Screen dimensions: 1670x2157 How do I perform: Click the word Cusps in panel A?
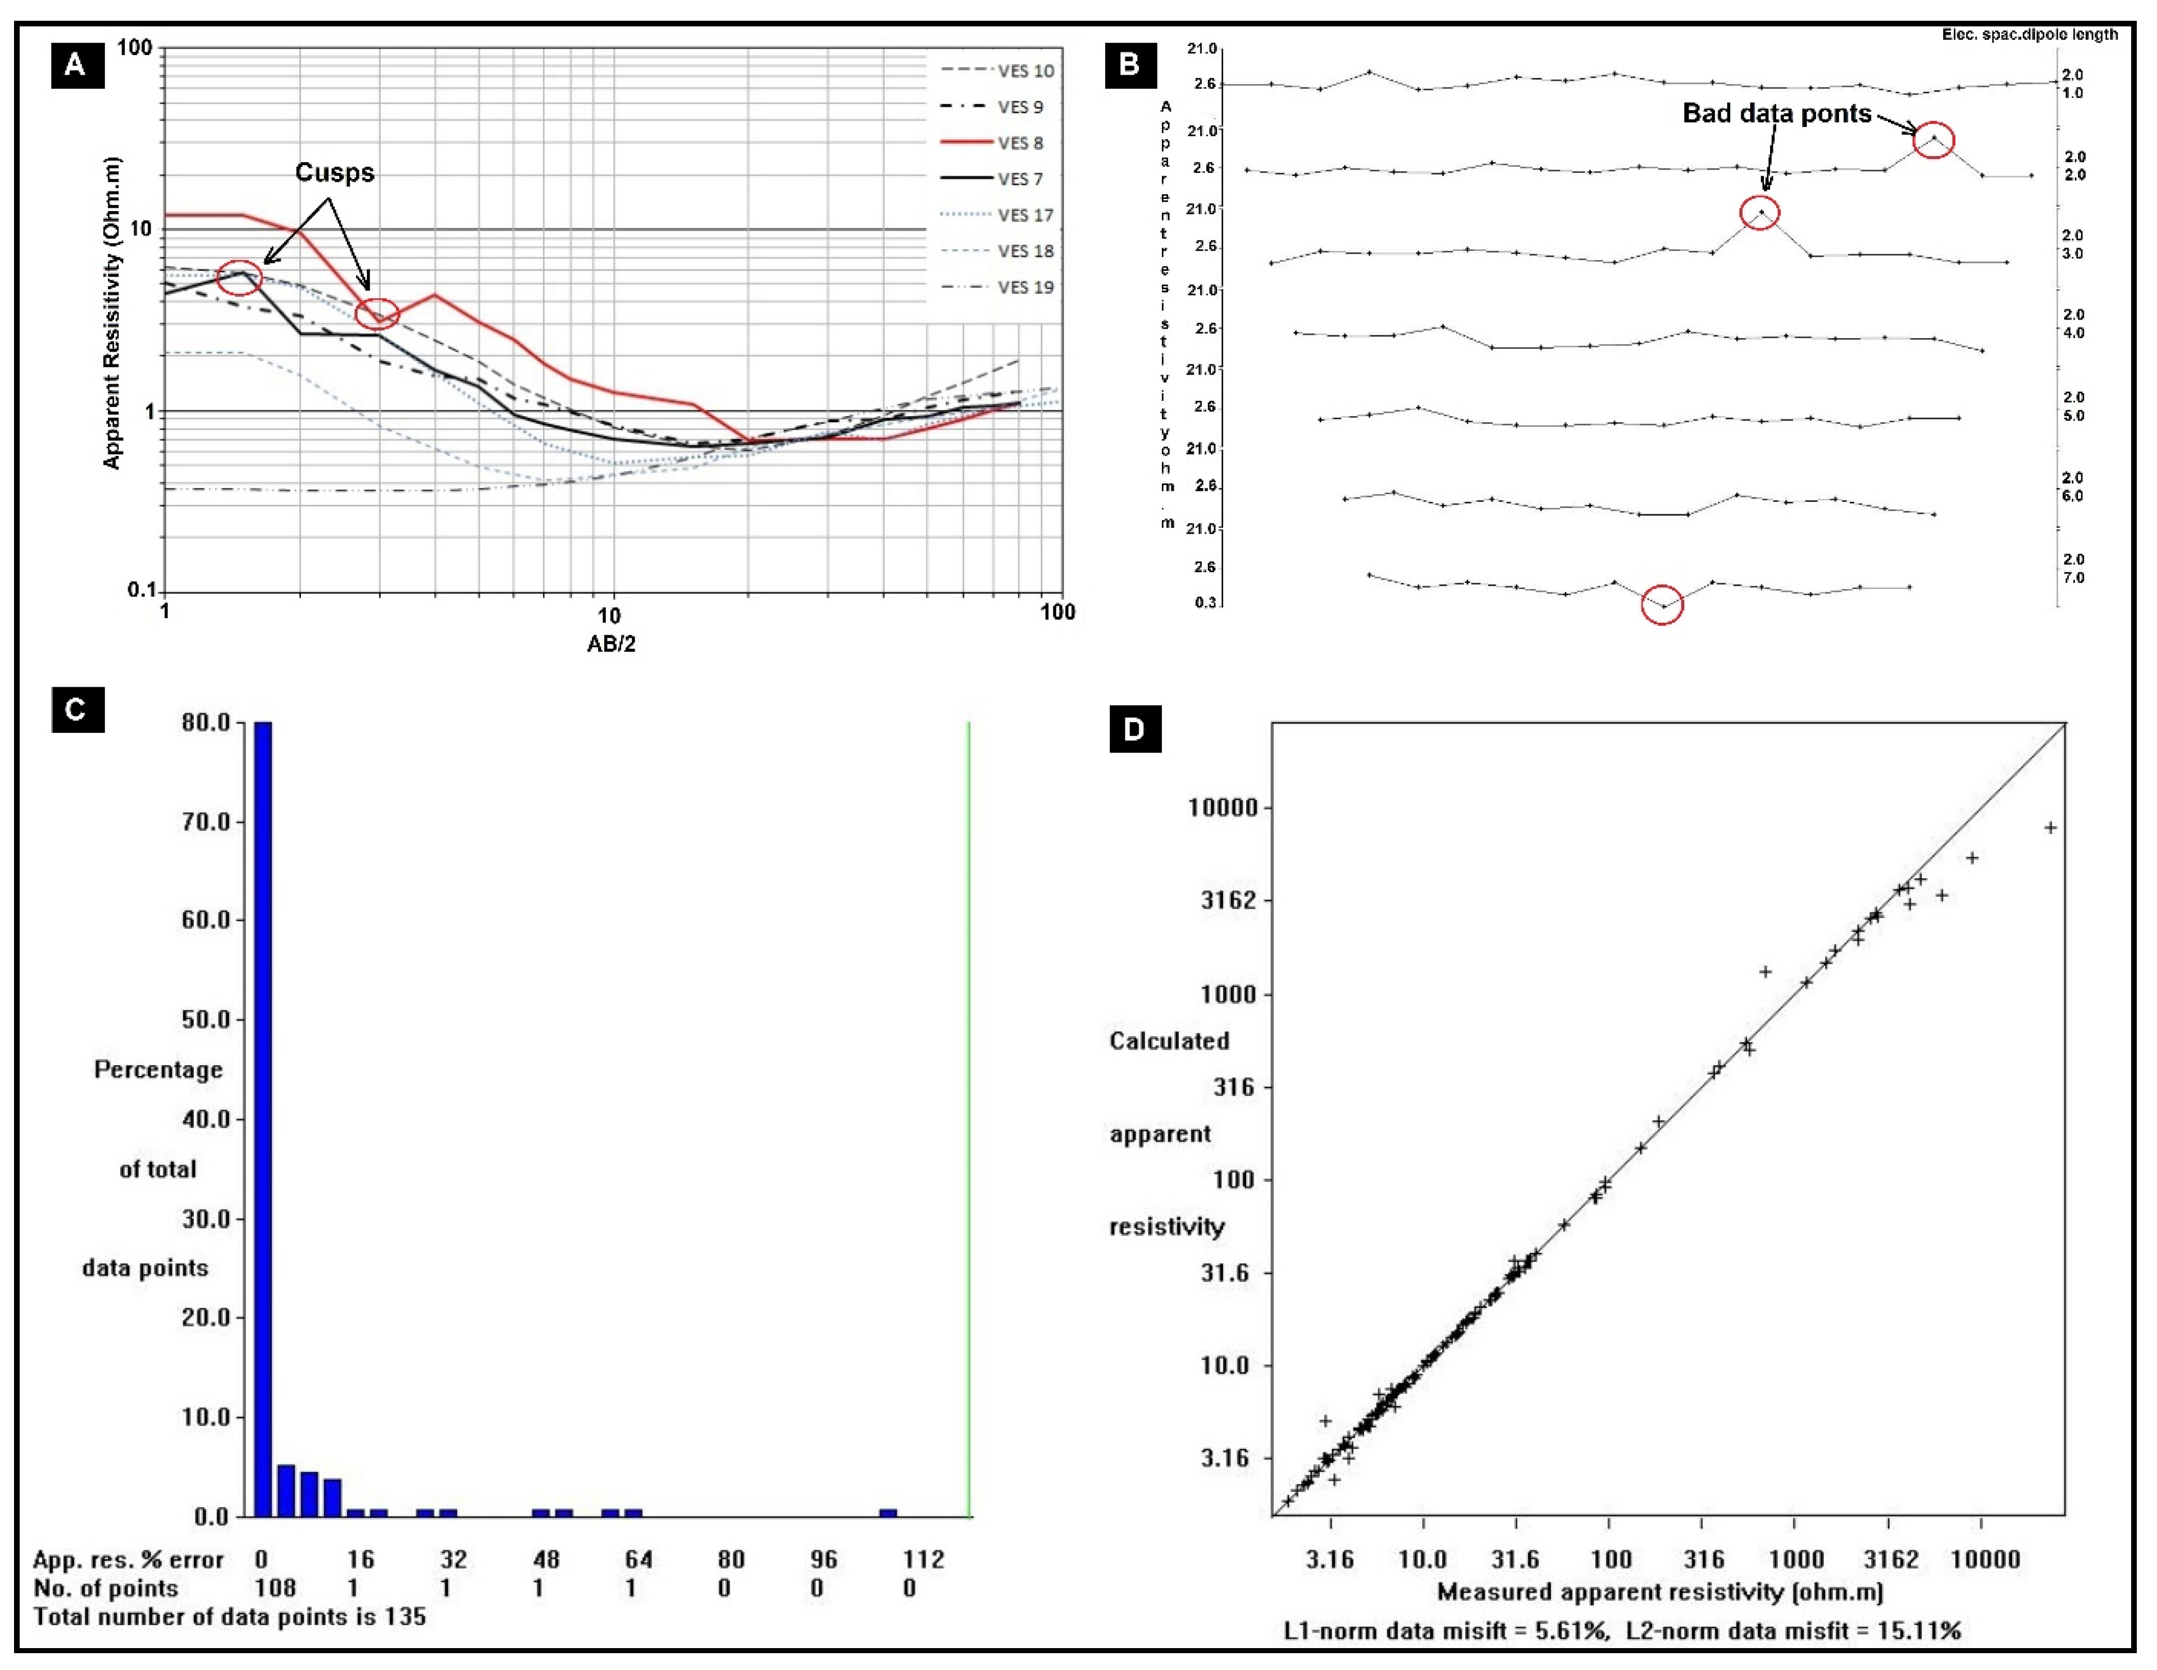click(x=335, y=173)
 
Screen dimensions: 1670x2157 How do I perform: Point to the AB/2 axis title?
click(x=612, y=644)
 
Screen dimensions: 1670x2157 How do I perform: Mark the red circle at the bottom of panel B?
click(x=1662, y=605)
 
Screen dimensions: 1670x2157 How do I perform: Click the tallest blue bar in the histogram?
click(x=263, y=1116)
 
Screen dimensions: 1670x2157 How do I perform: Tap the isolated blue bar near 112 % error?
click(x=889, y=1512)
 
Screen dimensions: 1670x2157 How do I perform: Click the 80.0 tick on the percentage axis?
click(x=206, y=723)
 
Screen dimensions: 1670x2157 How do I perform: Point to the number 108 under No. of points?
click(x=276, y=1588)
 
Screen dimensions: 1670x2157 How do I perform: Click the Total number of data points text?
click(x=229, y=1617)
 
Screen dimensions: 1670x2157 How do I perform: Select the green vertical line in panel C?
click(x=969, y=1116)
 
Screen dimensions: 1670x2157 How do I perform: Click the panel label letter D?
click(x=1134, y=730)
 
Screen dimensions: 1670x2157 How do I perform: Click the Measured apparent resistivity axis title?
click(x=1660, y=1591)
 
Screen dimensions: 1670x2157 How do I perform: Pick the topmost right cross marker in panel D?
click(x=2050, y=828)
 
